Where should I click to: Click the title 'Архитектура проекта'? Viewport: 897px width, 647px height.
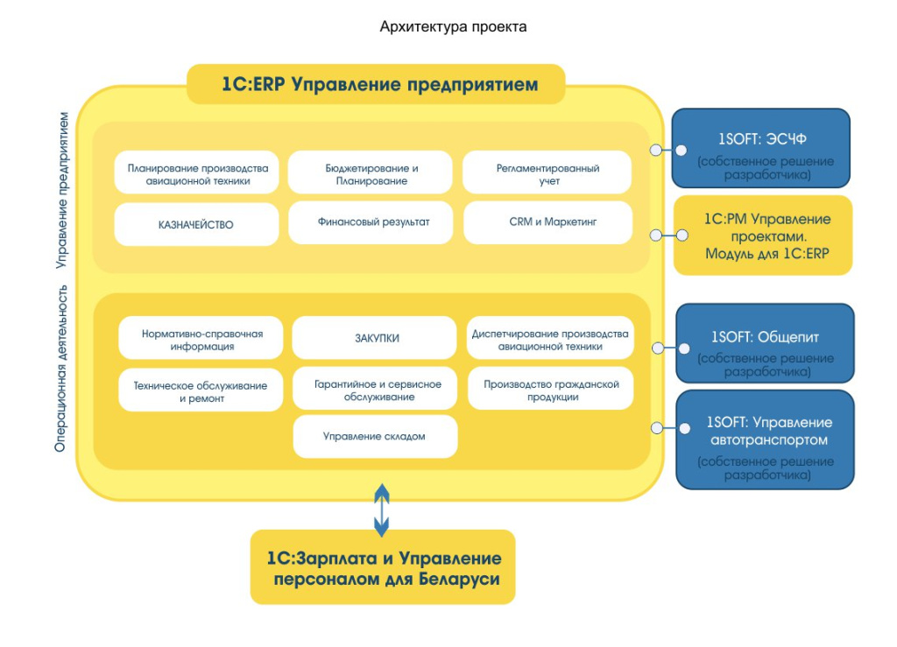point(453,26)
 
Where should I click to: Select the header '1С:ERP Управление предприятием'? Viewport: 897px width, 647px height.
point(378,85)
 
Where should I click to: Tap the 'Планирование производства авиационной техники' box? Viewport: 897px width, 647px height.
point(197,173)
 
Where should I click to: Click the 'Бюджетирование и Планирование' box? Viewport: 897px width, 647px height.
point(371,173)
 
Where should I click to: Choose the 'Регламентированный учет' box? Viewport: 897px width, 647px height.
point(547,173)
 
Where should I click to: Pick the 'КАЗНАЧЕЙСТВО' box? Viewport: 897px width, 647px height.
point(197,224)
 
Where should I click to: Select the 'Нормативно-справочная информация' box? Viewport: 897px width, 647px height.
point(201,339)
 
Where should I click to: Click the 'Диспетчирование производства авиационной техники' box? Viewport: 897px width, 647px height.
point(550,339)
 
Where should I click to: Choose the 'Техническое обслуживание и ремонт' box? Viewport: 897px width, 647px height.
point(201,390)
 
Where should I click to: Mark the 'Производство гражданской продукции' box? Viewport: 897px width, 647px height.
point(550,390)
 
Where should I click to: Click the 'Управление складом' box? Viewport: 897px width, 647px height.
point(375,436)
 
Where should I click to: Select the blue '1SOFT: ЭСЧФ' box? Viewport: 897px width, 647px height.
point(760,148)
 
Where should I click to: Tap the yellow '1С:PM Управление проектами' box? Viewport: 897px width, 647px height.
point(762,236)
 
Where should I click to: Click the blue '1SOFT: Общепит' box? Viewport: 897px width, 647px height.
point(764,343)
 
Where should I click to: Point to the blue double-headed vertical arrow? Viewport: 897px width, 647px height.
point(381,510)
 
